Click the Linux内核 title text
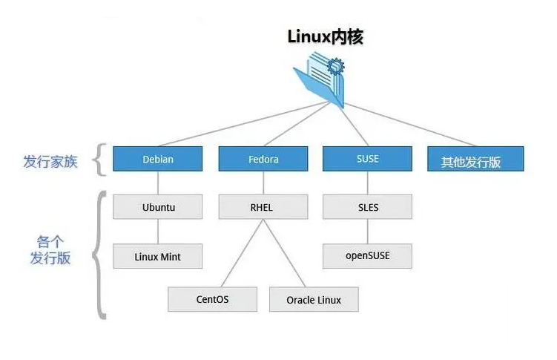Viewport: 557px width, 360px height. point(325,36)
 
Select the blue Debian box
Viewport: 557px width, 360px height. point(157,159)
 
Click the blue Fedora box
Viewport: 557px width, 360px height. point(263,159)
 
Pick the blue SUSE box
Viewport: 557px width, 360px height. point(367,159)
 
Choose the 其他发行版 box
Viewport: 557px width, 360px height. point(475,160)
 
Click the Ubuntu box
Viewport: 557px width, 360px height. point(157,207)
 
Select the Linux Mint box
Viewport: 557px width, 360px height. point(157,256)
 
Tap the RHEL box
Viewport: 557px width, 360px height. point(263,207)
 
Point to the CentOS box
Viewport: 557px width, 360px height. point(212,299)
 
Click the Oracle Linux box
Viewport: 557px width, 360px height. point(314,299)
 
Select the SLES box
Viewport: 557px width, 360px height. point(367,207)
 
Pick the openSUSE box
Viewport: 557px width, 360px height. point(367,256)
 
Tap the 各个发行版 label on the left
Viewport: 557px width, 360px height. point(50,250)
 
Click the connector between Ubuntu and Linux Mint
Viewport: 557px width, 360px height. point(157,232)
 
